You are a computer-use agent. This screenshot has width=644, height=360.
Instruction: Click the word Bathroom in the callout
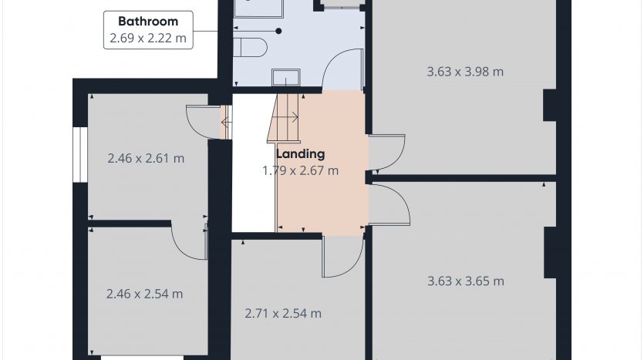[x=148, y=21]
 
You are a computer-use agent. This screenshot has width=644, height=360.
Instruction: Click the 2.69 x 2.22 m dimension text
[x=148, y=39]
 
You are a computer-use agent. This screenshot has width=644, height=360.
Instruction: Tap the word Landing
[x=301, y=154]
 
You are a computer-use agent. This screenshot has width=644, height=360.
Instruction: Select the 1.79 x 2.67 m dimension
[x=301, y=170]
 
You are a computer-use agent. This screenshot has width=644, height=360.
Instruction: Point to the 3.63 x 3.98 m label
[x=465, y=72]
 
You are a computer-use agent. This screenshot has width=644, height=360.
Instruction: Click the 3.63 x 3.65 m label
[x=466, y=281]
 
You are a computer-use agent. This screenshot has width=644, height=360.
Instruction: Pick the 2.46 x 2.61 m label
[x=146, y=158]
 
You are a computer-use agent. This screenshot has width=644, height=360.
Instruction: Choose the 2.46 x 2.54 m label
[x=144, y=294]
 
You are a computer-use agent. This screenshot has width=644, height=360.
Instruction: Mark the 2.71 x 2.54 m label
[x=283, y=314]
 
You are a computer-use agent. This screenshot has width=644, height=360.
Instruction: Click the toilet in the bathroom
[x=250, y=47]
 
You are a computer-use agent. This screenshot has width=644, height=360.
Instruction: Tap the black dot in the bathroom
[x=278, y=31]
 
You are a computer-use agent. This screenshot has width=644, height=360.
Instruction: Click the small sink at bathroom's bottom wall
[x=286, y=78]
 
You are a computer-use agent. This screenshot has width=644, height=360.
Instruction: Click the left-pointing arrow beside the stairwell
[x=226, y=123]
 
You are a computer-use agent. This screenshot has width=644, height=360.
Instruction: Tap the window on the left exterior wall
[x=80, y=154]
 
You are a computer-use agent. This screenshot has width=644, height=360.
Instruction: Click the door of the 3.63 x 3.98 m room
[x=387, y=153]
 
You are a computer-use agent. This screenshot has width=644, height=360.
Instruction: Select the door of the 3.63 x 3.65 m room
[x=389, y=205]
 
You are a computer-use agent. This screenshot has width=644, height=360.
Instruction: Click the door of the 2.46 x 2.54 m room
[x=190, y=242]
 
